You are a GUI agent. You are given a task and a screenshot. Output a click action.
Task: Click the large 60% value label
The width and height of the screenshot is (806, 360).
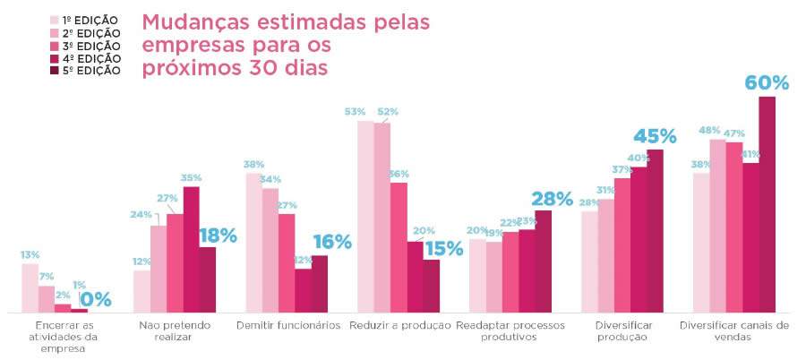coord(767,82)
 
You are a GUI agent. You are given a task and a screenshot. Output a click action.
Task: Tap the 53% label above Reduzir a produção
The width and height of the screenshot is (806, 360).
coord(355,112)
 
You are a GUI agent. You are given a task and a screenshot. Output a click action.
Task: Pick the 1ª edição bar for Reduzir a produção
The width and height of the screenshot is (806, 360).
coord(365,216)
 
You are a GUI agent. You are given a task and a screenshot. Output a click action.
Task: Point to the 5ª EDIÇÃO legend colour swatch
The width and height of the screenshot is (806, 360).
coord(54,71)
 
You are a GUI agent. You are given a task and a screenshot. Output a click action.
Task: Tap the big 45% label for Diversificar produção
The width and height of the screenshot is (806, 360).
coord(655,136)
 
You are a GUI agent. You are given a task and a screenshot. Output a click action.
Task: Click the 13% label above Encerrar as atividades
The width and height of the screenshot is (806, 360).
coord(30,254)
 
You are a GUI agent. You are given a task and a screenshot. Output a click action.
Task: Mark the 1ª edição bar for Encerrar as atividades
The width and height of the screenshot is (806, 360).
coord(30,287)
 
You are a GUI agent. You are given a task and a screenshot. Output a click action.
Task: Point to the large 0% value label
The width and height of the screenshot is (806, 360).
coord(96,299)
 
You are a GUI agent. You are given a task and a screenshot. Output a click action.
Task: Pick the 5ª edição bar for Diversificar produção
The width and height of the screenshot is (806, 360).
coord(656,230)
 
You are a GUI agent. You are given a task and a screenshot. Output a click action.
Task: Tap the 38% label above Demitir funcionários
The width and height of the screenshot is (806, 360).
coord(253,164)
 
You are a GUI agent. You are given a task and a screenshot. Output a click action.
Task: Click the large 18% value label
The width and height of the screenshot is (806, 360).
coord(218,236)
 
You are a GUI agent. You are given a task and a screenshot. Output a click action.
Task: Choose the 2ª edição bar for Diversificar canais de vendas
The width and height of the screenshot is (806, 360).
coord(717,226)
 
